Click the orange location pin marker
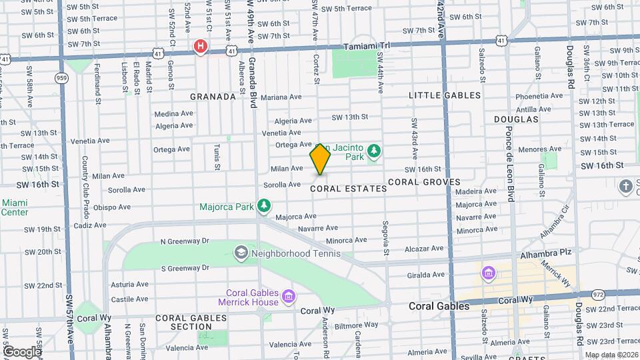click(x=320, y=159)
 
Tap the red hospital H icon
click(x=199, y=46)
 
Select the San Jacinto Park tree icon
click(x=374, y=151)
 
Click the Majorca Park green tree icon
click(x=265, y=206)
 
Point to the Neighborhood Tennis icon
click(x=240, y=253)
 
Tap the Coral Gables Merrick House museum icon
click(x=288, y=295)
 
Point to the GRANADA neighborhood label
click(x=213, y=97)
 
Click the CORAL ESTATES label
click(x=349, y=189)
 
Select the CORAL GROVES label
click(x=424, y=182)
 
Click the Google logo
click(x=21, y=351)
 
